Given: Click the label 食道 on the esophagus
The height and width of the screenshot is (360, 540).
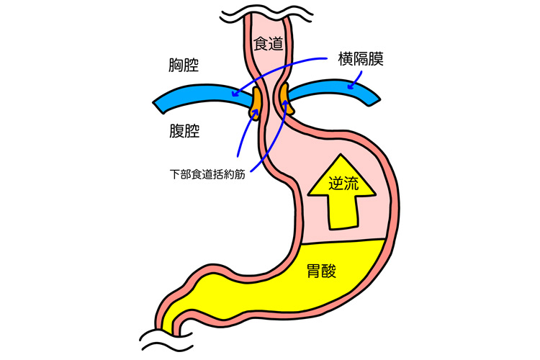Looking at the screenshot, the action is tap(268, 44).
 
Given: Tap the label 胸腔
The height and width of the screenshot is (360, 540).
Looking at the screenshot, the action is tap(184, 65).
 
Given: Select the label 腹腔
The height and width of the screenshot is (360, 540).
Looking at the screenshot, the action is tap(184, 131).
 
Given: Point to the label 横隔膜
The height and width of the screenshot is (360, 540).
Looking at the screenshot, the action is tap(361, 58).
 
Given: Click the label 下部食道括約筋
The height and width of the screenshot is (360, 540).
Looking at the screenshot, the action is tap(207, 174).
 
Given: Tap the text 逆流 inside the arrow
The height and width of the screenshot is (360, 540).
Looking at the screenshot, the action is tap(343, 184).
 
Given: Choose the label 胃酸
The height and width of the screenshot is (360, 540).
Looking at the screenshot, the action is tap(321, 271).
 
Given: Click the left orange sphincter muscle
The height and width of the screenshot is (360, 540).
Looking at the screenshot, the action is tap(256, 103).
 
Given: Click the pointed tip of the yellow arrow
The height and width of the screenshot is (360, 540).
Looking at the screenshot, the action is tap(341, 155).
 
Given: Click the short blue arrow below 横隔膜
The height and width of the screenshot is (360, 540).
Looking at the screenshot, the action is tap(356, 80).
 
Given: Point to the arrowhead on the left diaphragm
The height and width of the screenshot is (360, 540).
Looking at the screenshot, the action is tap(235, 94).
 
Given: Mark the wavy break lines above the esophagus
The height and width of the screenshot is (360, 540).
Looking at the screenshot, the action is tap(267, 16).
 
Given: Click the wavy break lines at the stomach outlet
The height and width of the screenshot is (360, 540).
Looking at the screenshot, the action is tap(166, 341).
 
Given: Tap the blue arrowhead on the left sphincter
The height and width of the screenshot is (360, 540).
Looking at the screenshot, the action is tap(255, 114).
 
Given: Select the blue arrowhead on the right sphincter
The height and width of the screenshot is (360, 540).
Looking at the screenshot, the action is tap(285, 103).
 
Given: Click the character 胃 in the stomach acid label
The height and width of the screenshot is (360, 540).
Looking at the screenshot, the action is tap(313, 271).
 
